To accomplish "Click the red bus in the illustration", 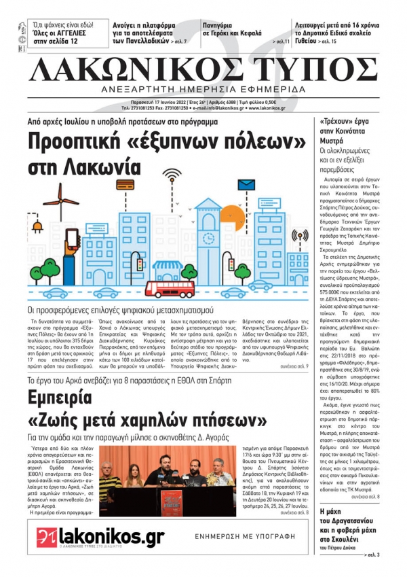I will point(172,288).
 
